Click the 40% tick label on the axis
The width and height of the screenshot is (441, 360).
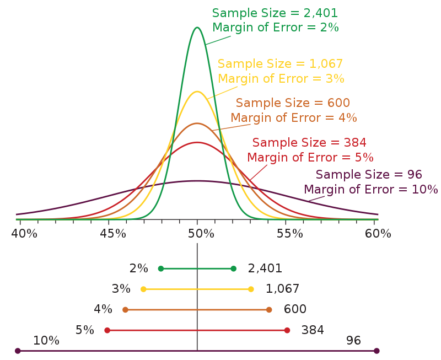pyautogui.click(x=24, y=234)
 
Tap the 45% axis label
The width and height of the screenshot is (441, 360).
pyautogui.click(x=113, y=234)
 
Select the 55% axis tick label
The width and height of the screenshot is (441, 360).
pyautogui.click(x=290, y=234)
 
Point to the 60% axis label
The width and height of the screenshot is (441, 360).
pyautogui.click(x=378, y=234)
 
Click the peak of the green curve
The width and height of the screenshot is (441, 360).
pyautogui.click(x=197, y=28)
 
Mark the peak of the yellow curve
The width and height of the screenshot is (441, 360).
pyautogui.click(x=197, y=92)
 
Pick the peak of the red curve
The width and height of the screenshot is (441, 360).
pyautogui.click(x=197, y=143)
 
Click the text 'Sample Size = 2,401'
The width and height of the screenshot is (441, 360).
pyautogui.click(x=275, y=13)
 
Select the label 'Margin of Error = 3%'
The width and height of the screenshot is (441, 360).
pyautogui.click(x=281, y=78)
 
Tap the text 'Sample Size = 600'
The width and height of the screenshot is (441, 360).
pyautogui.click(x=293, y=103)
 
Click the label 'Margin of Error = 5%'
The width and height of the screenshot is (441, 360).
pyautogui.click(x=310, y=157)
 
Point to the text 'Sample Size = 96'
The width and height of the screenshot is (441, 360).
pyautogui.click(x=369, y=175)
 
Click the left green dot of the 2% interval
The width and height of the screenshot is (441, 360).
pyautogui.click(x=161, y=269)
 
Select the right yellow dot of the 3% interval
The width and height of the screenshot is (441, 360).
pyautogui.click(x=251, y=289)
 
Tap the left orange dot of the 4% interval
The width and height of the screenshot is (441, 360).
pyautogui.click(x=125, y=310)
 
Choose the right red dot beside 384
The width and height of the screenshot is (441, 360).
pyautogui.click(x=287, y=330)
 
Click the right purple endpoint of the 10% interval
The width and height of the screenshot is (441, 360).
pyautogui.click(x=377, y=351)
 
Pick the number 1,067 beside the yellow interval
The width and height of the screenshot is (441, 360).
pyautogui.click(x=282, y=289)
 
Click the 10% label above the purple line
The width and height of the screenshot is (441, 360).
pyautogui.click(x=46, y=341)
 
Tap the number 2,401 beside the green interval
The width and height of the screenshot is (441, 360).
pyautogui.click(x=265, y=268)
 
